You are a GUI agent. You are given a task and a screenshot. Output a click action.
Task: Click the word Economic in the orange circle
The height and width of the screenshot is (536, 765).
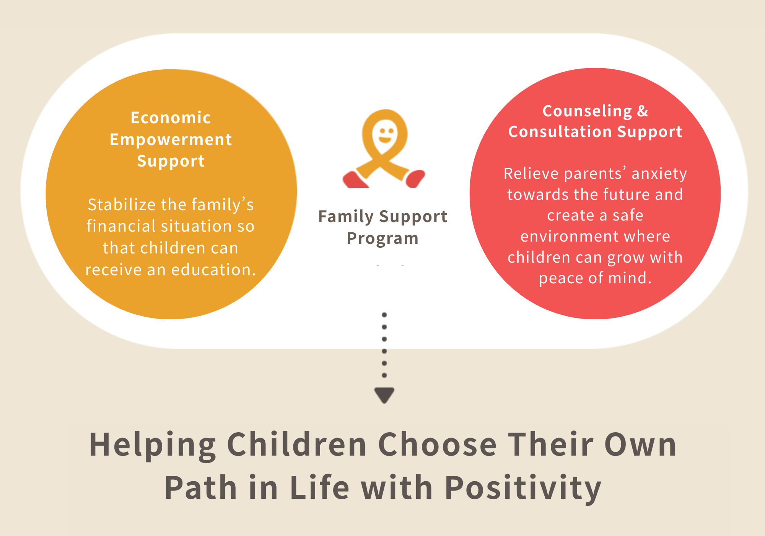[x=171, y=118]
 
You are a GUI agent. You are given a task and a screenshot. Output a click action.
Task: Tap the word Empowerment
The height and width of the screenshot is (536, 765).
[x=171, y=139]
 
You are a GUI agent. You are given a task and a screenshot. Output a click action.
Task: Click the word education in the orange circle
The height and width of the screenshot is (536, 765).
[x=213, y=270]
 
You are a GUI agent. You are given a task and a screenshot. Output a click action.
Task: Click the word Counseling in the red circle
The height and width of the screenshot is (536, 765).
[x=587, y=111]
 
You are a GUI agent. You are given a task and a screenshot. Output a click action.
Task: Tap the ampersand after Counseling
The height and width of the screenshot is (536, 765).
[x=643, y=111]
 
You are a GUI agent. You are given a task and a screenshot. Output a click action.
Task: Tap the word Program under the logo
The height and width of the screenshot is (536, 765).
[x=382, y=239]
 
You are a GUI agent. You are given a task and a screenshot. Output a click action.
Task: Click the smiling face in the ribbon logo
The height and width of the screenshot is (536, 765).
[x=385, y=134]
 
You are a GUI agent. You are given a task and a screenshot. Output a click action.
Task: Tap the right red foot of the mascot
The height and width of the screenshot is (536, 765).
[x=415, y=178]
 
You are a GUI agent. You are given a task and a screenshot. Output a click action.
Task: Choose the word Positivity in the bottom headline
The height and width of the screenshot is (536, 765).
[x=523, y=488]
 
